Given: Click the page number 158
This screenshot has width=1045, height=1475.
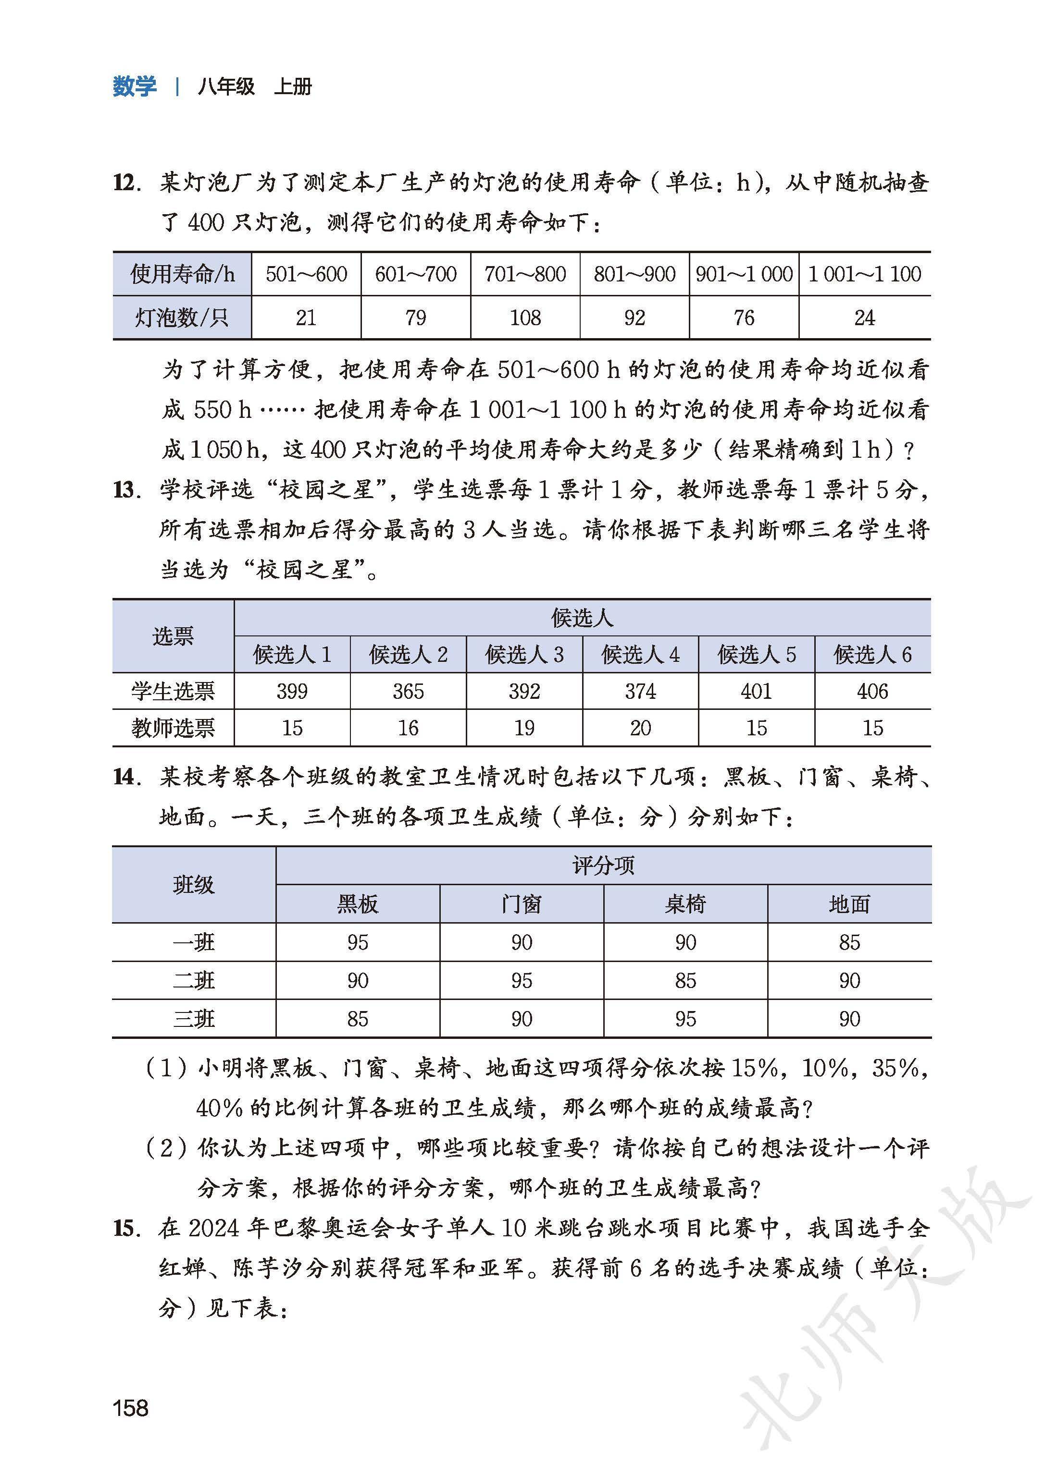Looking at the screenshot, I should [131, 1390].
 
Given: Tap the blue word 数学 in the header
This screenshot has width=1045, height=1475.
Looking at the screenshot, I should [135, 86].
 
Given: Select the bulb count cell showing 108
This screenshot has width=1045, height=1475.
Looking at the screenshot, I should [525, 317].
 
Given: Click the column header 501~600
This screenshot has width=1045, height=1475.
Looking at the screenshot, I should [306, 275].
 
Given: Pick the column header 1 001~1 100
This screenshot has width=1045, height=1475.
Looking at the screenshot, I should [864, 275].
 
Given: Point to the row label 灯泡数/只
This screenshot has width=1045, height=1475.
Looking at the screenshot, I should [182, 317].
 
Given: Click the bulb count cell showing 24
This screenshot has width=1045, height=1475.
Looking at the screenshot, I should [864, 317].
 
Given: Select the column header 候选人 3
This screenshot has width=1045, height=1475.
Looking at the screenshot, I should [524, 655].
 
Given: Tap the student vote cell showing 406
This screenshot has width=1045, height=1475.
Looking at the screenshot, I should [872, 691].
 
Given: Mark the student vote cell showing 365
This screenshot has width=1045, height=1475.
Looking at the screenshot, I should [408, 691].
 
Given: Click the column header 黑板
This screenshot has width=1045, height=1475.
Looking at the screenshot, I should [358, 905].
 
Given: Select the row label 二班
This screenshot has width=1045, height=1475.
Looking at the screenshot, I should [194, 981].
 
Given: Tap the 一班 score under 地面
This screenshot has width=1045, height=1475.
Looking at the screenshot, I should [849, 943].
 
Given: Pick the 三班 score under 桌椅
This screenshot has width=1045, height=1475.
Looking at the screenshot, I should [685, 1019].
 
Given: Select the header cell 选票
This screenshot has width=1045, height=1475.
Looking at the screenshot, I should [173, 636].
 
